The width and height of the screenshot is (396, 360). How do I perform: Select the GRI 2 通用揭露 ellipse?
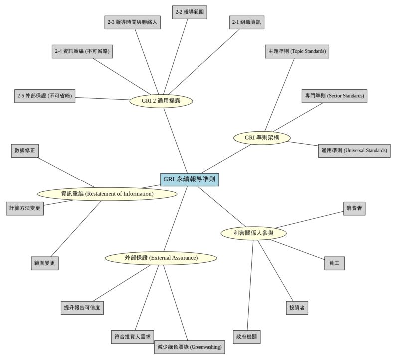[161, 101]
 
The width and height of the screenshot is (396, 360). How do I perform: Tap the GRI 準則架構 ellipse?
[262, 138]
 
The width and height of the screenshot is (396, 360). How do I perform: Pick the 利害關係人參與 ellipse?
[253, 233]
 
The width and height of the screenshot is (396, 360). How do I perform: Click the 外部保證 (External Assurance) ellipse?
[161, 258]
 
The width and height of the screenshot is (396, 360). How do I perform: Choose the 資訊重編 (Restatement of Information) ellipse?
[107, 194]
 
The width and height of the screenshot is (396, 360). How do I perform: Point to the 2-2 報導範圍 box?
[190, 12]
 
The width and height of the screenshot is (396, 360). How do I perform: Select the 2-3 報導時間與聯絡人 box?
[133, 23]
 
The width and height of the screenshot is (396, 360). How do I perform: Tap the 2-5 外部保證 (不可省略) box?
[45, 96]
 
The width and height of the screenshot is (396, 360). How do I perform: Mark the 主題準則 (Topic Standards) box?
[297, 51]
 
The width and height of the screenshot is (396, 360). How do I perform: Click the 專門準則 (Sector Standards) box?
[335, 96]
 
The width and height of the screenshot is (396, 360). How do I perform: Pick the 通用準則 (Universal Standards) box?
[354, 150]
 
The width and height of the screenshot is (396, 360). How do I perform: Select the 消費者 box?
[355, 208]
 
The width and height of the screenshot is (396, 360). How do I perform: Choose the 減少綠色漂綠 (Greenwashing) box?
[189, 347]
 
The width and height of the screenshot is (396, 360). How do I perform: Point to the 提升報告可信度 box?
[83, 308]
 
